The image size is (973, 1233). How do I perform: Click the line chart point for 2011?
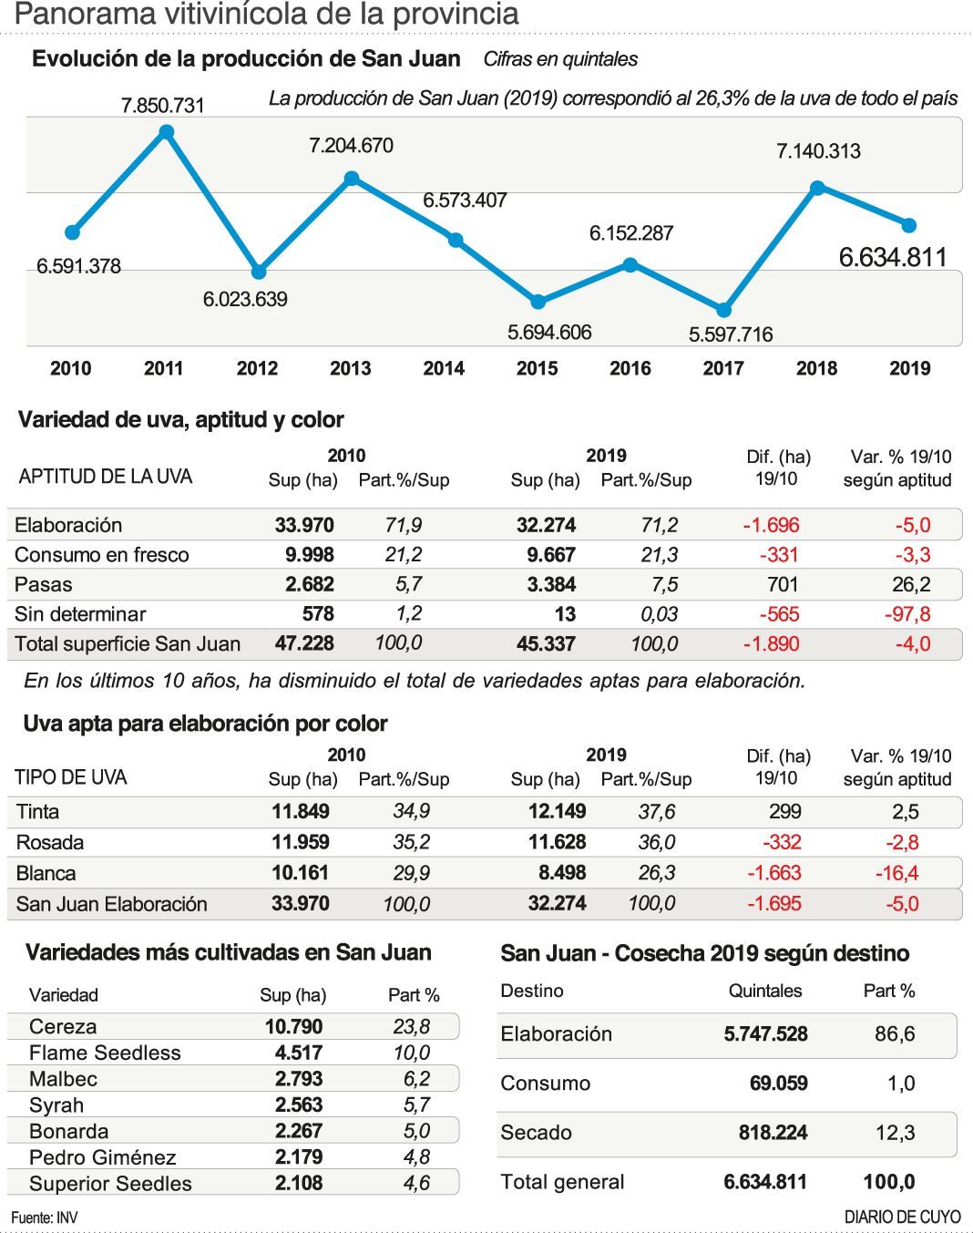167,133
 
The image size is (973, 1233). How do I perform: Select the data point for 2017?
723,310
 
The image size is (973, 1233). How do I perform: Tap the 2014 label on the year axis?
444,368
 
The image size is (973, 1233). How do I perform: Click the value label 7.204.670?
351,146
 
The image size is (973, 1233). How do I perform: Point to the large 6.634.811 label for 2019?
893,258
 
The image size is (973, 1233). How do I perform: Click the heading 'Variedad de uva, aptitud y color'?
180,420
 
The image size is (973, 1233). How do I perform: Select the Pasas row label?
44,584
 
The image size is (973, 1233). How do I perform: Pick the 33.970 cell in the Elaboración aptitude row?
304,525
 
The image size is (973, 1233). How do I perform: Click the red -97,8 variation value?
907,614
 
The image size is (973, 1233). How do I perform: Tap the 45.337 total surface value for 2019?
546,644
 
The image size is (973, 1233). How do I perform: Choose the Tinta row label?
37,812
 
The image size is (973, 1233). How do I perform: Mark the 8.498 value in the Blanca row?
562,873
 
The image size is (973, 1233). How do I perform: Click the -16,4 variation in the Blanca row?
896,873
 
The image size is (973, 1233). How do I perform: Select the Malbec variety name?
63,1079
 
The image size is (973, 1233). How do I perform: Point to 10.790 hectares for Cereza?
293,1027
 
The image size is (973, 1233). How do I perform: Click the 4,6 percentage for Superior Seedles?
416,1184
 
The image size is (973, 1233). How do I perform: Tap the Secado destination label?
536,1133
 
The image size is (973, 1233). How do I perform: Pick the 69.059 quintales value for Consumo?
778,1084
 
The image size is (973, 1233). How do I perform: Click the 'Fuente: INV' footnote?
45,1218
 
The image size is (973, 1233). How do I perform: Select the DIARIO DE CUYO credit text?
902,1218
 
